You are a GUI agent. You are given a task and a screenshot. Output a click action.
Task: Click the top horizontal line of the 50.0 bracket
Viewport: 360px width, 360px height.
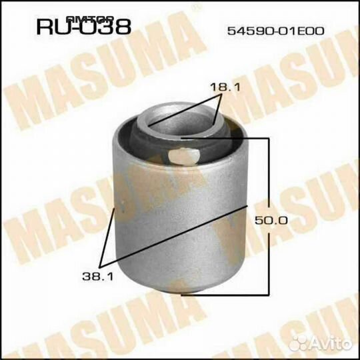(x=227, y=137)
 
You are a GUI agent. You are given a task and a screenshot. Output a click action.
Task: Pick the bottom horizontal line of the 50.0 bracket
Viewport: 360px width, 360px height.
(x=227, y=294)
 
